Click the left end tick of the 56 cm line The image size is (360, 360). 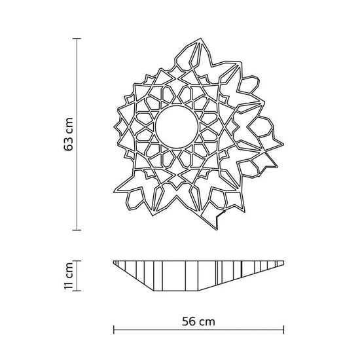(x=114, y=330)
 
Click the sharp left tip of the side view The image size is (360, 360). (x=113, y=261)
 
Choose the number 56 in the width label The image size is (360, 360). (x=189, y=321)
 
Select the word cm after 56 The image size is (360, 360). (x=207, y=321)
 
